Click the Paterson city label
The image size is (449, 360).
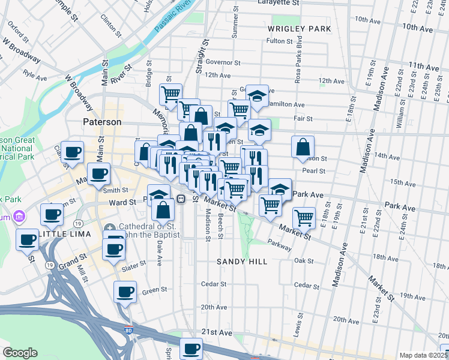[x=101, y=122]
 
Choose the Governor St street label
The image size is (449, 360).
[x=223, y=62]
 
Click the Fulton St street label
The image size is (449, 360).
[x=279, y=41]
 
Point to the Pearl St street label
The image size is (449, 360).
[x=313, y=170]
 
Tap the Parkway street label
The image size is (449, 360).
[x=280, y=245]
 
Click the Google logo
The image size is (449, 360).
[x=20, y=353]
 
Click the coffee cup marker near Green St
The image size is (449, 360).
[x=125, y=292]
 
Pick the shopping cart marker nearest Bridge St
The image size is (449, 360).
[x=171, y=94]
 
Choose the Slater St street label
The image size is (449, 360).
[x=134, y=264]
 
